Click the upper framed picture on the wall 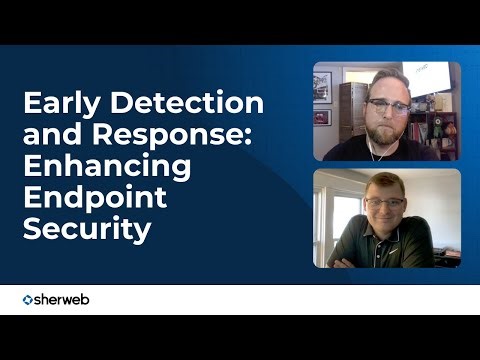pos(322,87)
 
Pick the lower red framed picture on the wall pos(322,117)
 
